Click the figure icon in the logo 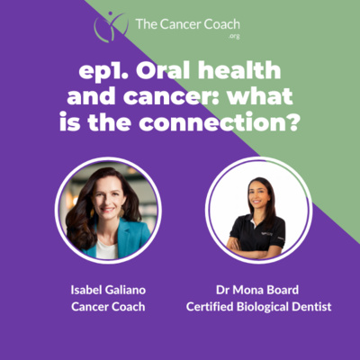(111, 26)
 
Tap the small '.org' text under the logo (234, 37)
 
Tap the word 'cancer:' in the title (166, 97)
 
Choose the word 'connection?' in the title (219, 123)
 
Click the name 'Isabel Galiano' (108, 290)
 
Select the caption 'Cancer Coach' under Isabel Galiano (108, 307)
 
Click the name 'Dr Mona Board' (257, 290)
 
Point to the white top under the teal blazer (106, 249)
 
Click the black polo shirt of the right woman (258, 233)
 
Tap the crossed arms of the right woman (255, 249)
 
